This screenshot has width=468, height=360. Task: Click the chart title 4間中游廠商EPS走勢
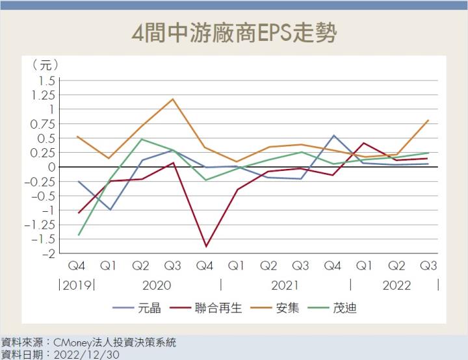[x=234, y=33]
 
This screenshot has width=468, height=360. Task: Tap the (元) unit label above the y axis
[x=45, y=65]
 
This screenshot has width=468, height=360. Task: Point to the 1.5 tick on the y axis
[x=47, y=81]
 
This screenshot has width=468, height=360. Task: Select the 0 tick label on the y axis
[x=51, y=167]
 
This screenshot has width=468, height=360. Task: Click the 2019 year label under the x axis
[x=77, y=285]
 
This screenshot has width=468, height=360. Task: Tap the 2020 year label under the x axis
[x=156, y=285]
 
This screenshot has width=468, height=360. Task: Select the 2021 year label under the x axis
[x=285, y=285]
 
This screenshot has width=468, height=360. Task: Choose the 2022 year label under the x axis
[x=396, y=285]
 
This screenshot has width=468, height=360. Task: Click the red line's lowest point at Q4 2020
[x=206, y=246]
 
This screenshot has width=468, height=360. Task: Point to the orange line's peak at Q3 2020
[x=173, y=99]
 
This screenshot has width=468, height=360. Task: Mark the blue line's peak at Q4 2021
[x=333, y=135]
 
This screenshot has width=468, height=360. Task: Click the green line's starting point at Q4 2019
[x=79, y=235]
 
